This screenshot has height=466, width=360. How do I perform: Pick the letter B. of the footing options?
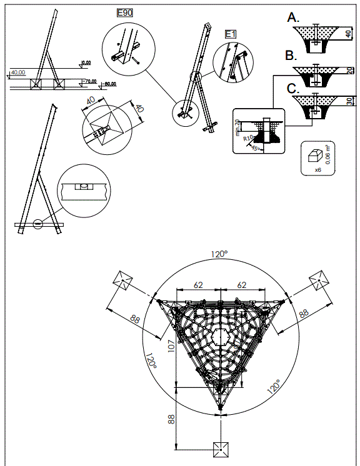click(291, 56)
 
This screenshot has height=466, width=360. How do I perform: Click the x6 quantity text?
click(317, 169)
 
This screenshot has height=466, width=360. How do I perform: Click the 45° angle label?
click(254, 148)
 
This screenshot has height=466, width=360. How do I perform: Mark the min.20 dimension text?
click(238, 126)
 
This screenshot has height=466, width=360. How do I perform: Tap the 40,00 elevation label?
click(18, 72)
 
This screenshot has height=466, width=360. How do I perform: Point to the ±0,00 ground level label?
click(86, 62)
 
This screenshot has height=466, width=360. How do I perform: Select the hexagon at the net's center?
click(220, 338)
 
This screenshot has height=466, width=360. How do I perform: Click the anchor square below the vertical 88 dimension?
click(220, 449)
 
